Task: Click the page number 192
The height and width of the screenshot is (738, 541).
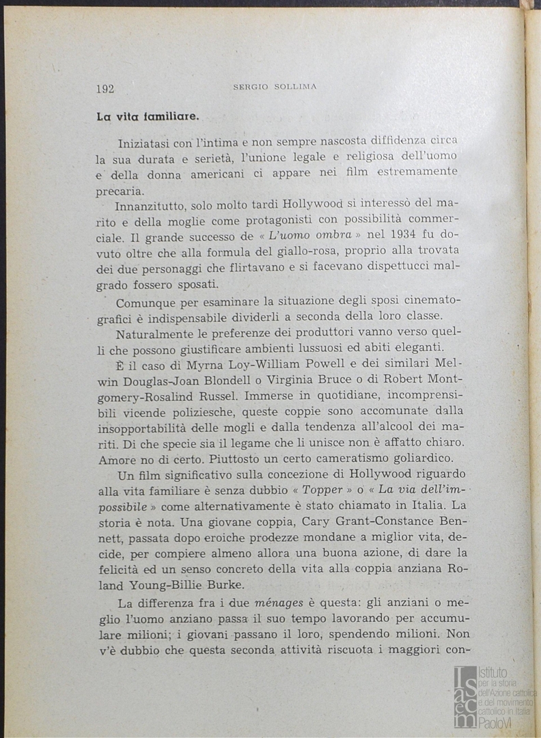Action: (105, 88)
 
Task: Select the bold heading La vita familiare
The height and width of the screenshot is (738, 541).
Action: (148, 116)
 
